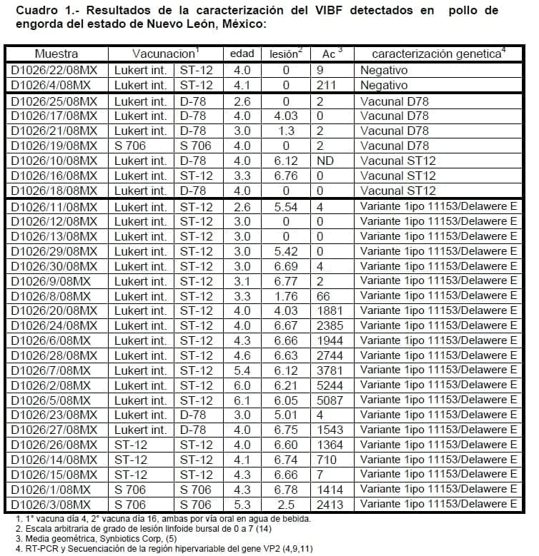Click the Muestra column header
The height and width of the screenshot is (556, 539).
(x=56, y=54)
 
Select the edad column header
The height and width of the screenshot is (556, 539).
(x=242, y=54)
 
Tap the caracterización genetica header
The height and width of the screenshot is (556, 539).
(x=435, y=54)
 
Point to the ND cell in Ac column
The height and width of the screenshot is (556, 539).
(x=325, y=161)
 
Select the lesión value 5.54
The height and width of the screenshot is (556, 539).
(x=285, y=207)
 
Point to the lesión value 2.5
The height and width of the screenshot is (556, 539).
(x=285, y=504)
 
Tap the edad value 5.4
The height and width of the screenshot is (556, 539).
(x=242, y=370)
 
